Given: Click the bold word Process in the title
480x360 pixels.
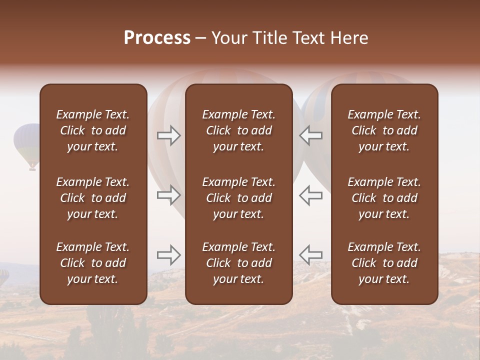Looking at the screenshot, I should click(157, 38).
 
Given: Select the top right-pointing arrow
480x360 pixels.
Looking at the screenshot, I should click(168, 135).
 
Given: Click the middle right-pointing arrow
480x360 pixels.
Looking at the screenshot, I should click(168, 195).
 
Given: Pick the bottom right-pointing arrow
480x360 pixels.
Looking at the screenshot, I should click(168, 255).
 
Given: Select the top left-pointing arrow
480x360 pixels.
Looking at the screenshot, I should click(311, 135).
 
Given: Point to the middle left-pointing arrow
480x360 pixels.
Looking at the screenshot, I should click(311, 195).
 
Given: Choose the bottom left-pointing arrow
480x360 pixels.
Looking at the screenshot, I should click(311, 255).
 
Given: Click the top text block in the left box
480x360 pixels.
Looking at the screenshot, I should click(93, 130).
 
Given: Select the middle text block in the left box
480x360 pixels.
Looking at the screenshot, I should click(93, 198).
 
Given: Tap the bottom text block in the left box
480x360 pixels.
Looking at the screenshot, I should click(93, 263).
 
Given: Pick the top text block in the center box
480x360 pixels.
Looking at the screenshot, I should click(238, 130).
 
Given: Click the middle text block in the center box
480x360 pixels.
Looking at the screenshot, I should click(238, 198).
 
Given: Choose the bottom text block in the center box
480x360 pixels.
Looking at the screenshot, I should click(238, 263).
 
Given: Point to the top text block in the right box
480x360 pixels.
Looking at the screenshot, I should click(384, 130).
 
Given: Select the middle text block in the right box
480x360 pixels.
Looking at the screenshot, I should click(384, 198).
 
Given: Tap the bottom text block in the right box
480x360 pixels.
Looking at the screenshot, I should click(384, 263).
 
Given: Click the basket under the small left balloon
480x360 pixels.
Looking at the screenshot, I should click(32, 168).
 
